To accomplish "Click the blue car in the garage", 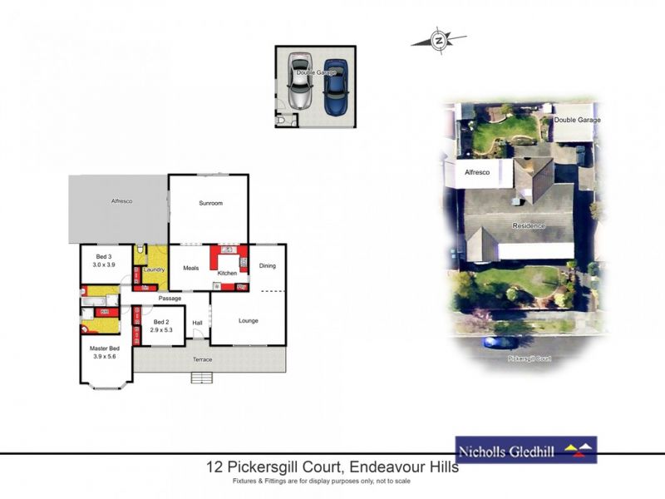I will point(336,86).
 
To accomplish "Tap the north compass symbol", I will point(439,39).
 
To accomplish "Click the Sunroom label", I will point(210,204).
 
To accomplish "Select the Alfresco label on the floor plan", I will point(122,201).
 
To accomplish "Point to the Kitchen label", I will point(227,273).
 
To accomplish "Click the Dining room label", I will point(267,266).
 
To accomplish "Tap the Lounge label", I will point(249,320).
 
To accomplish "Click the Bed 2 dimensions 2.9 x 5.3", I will point(161,330).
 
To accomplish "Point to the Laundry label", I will point(154,269).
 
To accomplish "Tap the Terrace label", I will point(203,359).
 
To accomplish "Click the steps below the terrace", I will point(201,378).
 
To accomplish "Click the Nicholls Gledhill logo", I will point(525,450).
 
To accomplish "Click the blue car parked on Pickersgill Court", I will point(500,342).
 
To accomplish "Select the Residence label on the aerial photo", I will point(528,225).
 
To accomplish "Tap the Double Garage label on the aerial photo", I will point(577,121).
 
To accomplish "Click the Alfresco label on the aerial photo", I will point(475,171).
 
